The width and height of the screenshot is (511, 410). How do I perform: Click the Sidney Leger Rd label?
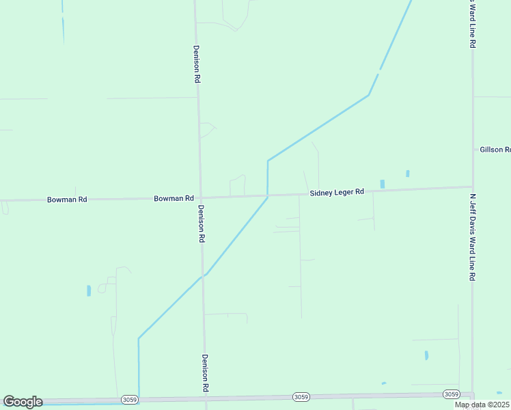point(336,193)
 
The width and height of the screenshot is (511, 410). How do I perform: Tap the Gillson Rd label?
point(495,150)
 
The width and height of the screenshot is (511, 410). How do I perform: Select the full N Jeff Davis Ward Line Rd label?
point(472,237)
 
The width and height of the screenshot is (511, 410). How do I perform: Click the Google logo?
point(23,402)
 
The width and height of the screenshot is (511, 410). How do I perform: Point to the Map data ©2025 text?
point(482,405)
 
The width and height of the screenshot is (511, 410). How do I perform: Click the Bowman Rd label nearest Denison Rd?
point(174,198)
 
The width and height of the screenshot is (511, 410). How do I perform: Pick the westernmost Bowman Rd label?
point(67,200)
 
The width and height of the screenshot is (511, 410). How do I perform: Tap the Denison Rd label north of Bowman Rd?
point(197,64)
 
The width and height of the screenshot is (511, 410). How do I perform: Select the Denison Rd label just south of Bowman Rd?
point(202,224)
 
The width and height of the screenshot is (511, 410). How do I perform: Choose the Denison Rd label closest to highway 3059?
point(204,372)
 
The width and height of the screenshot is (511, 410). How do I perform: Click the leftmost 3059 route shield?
point(129,399)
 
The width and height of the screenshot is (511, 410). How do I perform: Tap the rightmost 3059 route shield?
point(450,394)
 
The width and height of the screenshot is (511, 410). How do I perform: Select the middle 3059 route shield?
point(301,396)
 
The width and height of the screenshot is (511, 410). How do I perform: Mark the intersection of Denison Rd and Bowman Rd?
point(200,198)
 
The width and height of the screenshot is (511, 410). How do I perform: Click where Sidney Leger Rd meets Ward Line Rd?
point(472,187)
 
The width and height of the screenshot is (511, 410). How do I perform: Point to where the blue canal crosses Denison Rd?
point(204,275)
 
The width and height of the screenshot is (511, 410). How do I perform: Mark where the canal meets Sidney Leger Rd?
point(268,195)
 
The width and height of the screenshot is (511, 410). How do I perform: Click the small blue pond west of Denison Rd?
point(89,290)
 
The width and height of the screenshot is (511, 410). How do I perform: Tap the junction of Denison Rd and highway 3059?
point(206,398)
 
